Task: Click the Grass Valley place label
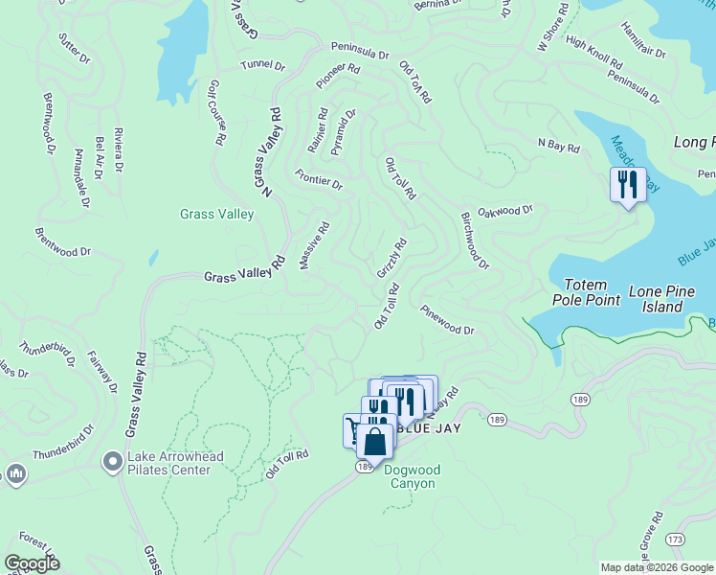click(216, 214)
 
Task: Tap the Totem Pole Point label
click(587, 292)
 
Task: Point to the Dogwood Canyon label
click(410, 476)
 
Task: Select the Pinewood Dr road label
click(447, 319)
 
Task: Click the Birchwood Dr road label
click(475, 241)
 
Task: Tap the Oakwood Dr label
click(504, 211)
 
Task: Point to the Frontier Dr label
click(319, 178)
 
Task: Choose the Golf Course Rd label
click(216, 112)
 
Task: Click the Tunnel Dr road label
click(262, 66)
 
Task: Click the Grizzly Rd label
click(392, 258)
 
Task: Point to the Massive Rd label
click(314, 245)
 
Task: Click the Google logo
click(32, 563)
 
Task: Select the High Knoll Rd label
click(594, 52)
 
